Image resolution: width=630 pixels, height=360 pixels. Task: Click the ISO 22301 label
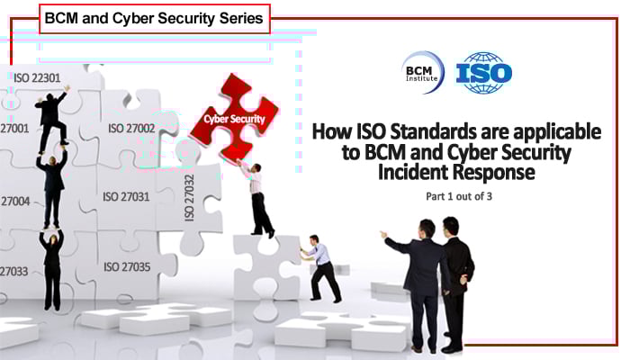37,77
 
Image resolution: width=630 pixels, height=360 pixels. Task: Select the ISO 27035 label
127,266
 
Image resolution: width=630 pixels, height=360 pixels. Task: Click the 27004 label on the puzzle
15,200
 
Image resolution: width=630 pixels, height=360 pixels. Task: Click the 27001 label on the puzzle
15,128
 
